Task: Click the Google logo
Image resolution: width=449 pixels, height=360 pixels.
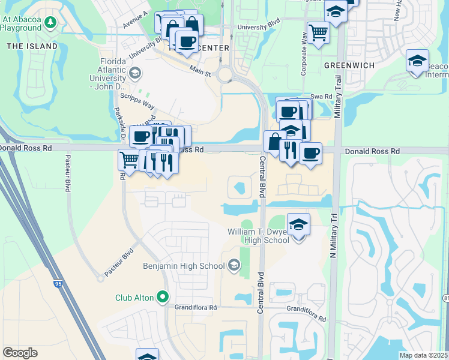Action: coord(20,353)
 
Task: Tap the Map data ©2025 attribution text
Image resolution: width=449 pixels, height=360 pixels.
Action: coord(423,355)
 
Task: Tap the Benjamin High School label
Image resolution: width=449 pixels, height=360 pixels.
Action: coord(183,265)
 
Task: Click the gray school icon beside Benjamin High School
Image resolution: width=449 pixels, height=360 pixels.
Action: coord(233,265)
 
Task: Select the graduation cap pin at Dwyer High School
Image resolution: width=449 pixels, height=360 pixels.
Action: coord(298,225)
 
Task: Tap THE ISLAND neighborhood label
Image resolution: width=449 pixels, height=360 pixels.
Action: coord(32,46)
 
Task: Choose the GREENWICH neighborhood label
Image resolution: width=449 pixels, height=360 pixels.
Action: coord(349,65)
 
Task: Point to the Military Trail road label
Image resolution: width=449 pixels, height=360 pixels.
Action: coord(338,96)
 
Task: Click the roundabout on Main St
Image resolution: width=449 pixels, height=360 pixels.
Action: coord(226,75)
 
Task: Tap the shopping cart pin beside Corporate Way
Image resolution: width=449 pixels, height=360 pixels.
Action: coord(318,32)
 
